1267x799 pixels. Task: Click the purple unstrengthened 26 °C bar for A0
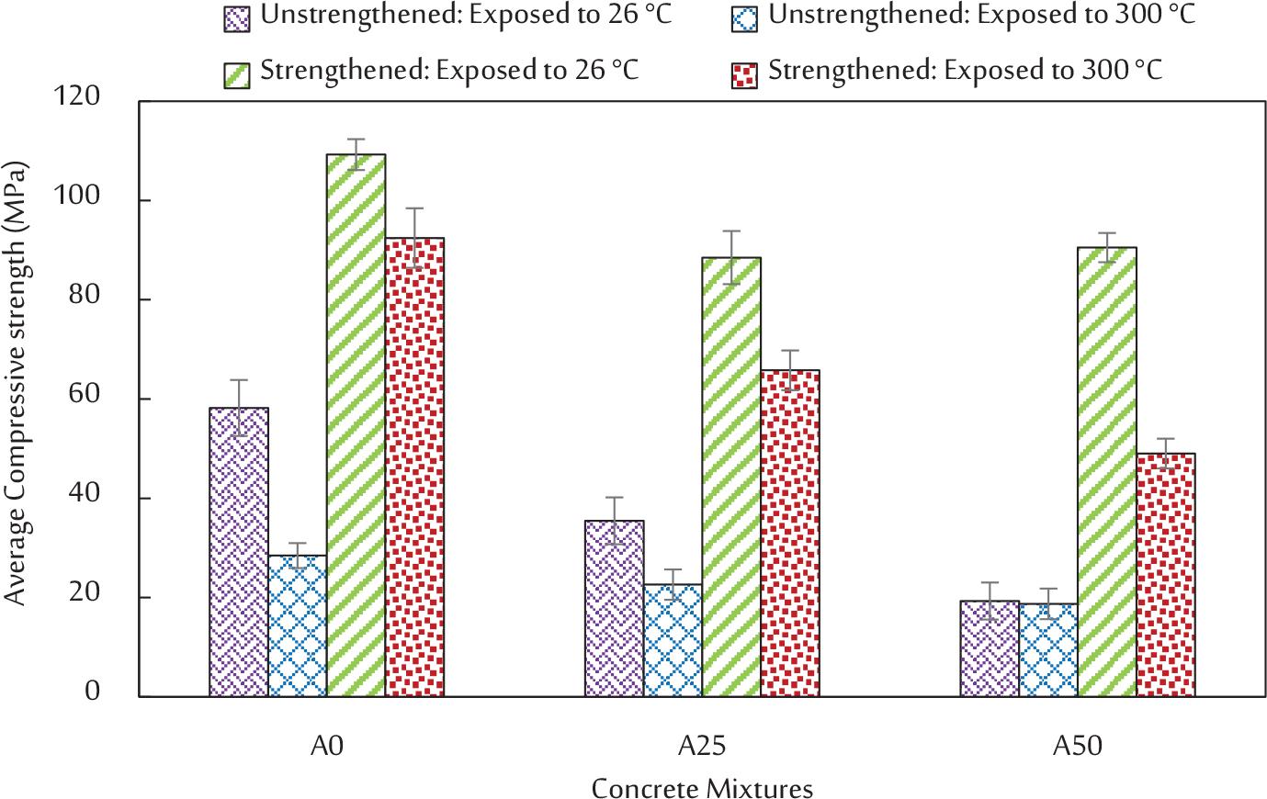tap(239, 551)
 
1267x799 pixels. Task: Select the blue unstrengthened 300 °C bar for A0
tap(298, 625)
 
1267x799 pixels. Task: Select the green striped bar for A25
tap(731, 477)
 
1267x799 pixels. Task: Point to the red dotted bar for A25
tap(790, 533)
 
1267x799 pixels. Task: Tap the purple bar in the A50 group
tap(990, 648)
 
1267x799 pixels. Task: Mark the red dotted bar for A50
tap(1165, 575)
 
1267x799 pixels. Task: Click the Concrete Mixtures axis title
tap(702, 788)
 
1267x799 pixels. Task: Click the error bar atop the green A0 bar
tap(356, 153)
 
